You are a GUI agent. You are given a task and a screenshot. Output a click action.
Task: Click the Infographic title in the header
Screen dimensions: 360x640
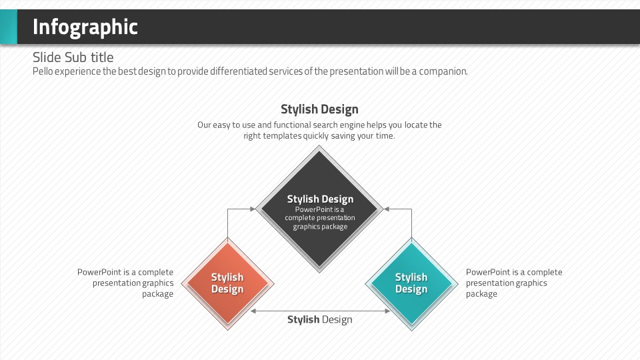click(85, 27)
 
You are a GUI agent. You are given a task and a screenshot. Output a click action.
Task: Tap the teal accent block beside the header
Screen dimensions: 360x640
click(8, 27)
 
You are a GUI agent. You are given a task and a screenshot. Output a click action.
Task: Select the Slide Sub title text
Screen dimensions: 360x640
click(73, 57)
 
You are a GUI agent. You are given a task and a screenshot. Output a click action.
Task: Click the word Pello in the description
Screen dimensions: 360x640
click(43, 71)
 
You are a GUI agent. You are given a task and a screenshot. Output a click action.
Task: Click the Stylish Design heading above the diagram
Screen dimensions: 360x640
click(319, 109)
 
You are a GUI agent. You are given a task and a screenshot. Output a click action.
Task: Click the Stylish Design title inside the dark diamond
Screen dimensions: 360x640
click(320, 199)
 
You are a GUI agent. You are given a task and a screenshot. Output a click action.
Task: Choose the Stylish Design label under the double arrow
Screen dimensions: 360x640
click(319, 319)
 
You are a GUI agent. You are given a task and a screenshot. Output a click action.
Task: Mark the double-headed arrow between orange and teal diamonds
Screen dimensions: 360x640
click(319, 311)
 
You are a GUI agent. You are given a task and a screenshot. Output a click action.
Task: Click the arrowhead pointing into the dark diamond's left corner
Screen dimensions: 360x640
click(252, 209)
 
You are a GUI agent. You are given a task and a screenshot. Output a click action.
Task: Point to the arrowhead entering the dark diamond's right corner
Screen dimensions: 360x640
click(387, 209)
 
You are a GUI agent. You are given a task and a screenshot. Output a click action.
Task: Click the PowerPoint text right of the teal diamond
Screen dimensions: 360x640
click(513, 283)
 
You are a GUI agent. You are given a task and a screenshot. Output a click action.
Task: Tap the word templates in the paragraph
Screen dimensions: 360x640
click(282, 135)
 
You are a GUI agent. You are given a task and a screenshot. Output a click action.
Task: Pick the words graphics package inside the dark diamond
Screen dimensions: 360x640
click(320, 227)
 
